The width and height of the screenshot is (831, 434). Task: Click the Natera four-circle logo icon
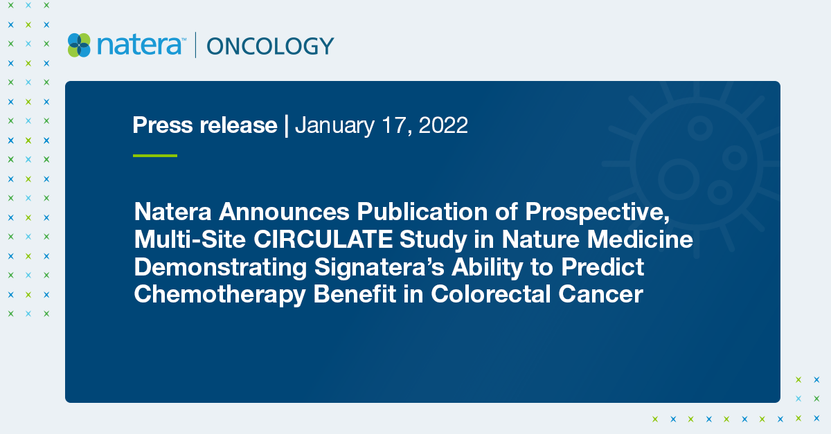79,46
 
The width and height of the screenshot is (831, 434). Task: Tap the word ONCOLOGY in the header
270,46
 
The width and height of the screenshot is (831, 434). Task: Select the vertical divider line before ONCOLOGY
195,46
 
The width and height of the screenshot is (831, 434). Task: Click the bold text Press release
204,125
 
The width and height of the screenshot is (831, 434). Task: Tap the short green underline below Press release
154,156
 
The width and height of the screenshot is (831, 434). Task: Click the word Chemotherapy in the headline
220,293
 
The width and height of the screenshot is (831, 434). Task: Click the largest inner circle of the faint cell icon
677,178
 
